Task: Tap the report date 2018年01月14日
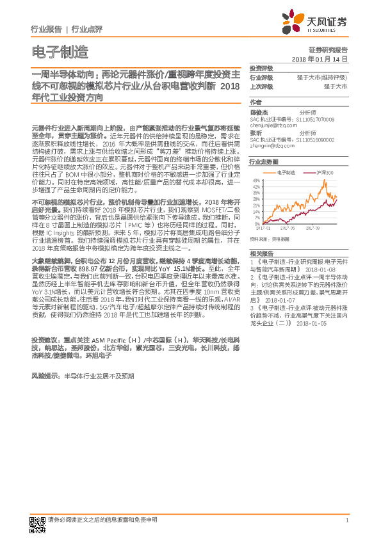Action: pos(318,58)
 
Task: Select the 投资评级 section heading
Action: pos(261,68)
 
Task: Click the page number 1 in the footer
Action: pos(346,519)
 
